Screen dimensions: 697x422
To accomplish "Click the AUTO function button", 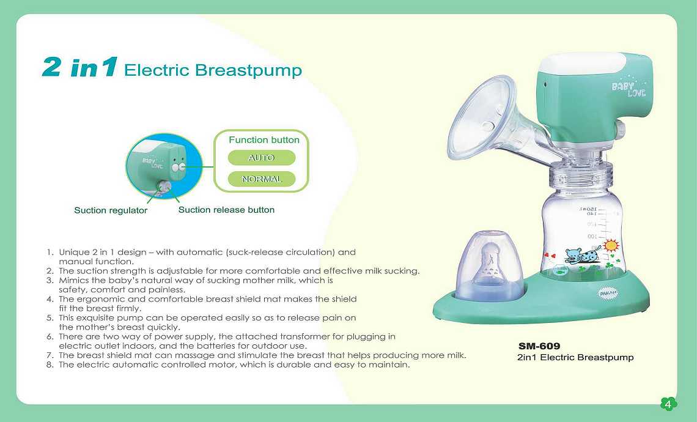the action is click(x=262, y=158).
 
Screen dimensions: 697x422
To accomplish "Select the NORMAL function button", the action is click(x=262, y=179).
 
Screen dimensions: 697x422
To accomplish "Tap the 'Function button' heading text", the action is click(x=264, y=139).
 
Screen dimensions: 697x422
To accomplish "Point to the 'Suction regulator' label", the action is click(x=111, y=210).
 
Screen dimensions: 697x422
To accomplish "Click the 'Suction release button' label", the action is click(x=226, y=210).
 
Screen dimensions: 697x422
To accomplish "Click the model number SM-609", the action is click(x=539, y=346).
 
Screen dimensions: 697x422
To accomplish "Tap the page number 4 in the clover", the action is click(x=668, y=404).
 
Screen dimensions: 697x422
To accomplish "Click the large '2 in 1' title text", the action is click(x=80, y=67).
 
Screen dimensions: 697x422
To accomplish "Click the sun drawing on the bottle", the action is click(x=611, y=245).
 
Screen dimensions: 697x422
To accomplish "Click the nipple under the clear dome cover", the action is click(x=490, y=264).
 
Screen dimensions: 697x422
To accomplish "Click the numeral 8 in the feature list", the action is click(x=50, y=365).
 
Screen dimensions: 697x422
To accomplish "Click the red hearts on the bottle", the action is click(x=550, y=256).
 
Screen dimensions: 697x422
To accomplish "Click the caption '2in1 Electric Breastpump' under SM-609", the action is click(x=576, y=358).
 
